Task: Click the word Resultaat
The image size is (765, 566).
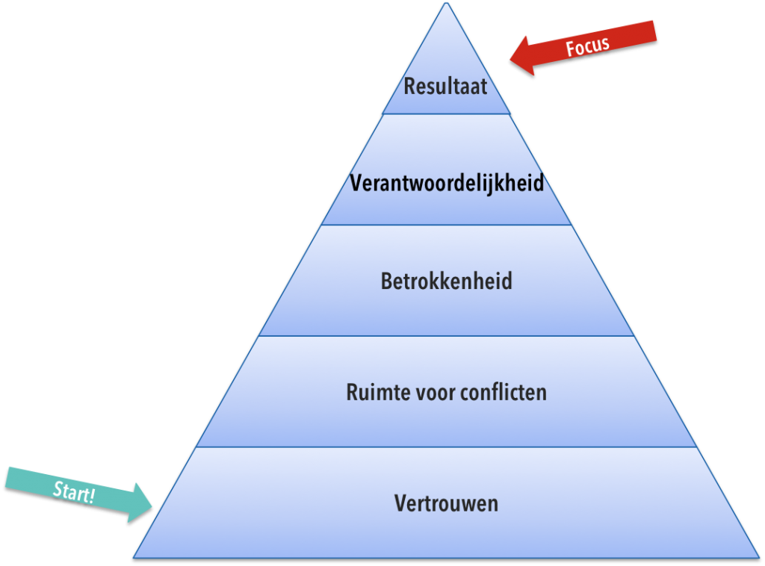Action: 445,87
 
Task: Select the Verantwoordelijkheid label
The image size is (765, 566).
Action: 447,184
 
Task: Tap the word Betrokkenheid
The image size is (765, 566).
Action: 447,282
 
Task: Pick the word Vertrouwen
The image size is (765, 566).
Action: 447,503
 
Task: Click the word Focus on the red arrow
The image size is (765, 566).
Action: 587,46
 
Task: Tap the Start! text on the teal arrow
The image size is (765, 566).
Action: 74,492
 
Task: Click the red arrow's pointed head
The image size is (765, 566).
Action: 511,60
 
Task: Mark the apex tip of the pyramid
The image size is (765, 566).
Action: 446,3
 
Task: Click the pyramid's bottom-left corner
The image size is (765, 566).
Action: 134,558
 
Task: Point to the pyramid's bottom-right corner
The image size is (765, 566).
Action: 759,558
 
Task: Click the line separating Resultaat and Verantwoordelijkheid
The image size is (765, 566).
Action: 446,114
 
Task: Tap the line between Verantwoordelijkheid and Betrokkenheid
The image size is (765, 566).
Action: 446,225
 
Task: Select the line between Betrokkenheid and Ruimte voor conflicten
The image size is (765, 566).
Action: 446,336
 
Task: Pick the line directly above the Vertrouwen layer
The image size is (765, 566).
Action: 446,447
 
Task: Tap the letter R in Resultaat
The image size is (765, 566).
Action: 410,87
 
